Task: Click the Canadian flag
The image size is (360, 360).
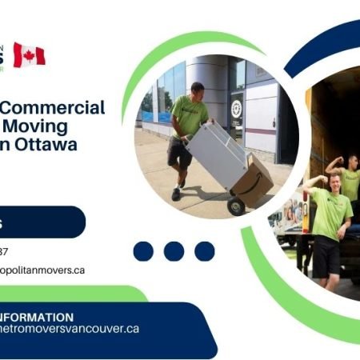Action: coord(29,55)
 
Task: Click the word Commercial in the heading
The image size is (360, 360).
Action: coord(64,109)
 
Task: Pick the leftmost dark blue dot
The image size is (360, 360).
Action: coord(143,251)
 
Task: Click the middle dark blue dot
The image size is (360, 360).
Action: coord(174,251)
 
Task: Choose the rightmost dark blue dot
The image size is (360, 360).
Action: coord(204,251)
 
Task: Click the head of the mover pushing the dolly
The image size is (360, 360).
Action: coord(197,89)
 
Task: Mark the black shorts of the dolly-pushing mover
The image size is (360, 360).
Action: coord(180,150)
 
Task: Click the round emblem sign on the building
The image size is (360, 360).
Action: coord(237,108)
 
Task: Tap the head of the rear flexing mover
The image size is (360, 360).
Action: coord(352,162)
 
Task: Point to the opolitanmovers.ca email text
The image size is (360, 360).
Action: coord(43,270)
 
